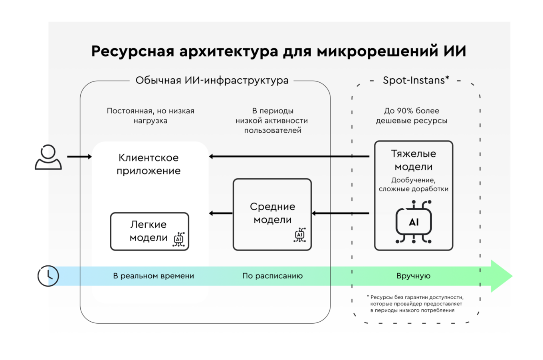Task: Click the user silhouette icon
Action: tap(48, 157)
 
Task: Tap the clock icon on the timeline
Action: tap(48, 276)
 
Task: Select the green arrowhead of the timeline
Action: tap(501, 276)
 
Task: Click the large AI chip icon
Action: tap(414, 223)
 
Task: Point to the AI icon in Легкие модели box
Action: tap(179, 239)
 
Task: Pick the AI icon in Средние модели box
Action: tap(300, 235)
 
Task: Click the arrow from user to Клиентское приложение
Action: tap(79, 157)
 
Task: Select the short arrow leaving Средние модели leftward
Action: tap(221, 213)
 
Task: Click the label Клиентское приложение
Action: tap(149, 164)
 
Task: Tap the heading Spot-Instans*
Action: tap(416, 80)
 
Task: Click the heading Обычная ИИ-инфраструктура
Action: tap(212, 80)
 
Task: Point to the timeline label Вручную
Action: tap(413, 276)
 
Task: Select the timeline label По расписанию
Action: tap(272, 276)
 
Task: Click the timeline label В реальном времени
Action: tap(153, 276)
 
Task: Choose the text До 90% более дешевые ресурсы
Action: tap(411, 115)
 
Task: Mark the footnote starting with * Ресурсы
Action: tap(415, 304)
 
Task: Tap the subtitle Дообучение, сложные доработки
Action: tap(413, 184)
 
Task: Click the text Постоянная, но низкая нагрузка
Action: tap(151, 115)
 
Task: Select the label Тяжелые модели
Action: tap(413, 160)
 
